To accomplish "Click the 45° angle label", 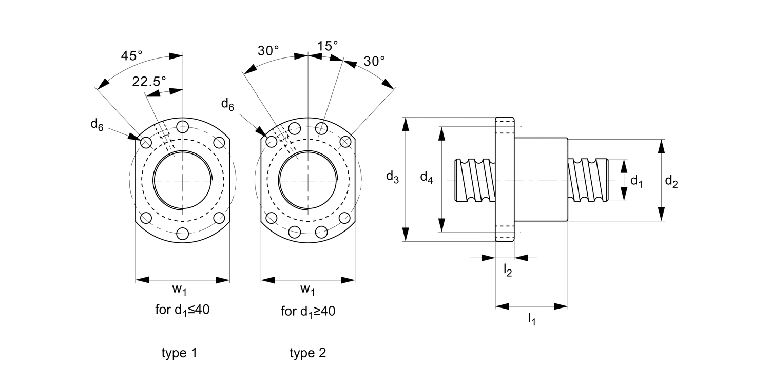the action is (x=131, y=55).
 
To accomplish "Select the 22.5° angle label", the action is (x=149, y=82).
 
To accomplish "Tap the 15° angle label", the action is (x=328, y=46).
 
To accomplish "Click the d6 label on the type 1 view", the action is (x=97, y=125).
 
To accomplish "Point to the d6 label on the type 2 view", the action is (x=227, y=105).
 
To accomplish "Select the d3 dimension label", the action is (x=393, y=178).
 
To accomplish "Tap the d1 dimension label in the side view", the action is (x=637, y=181).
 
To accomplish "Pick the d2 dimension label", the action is (x=671, y=182).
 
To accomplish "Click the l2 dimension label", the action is (x=508, y=270).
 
